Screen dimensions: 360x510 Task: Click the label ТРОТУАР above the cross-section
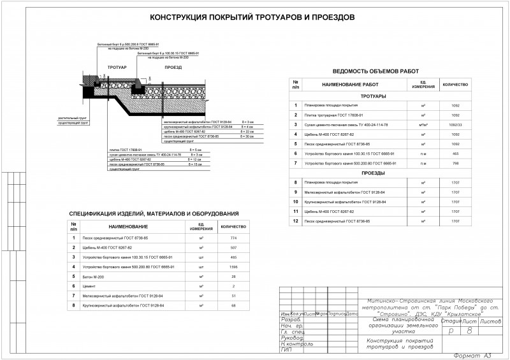tap(117, 66)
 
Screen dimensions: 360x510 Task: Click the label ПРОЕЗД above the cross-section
tap(173, 66)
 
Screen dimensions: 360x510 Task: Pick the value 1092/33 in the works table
tap(455, 124)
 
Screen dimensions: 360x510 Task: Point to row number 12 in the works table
tap(295, 221)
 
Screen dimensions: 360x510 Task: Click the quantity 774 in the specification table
tap(233, 238)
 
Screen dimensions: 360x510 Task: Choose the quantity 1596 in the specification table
tap(233, 267)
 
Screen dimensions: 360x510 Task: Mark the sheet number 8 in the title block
tap(470, 331)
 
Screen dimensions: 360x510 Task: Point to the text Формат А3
tap(471, 355)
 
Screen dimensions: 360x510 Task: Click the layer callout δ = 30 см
tap(247, 136)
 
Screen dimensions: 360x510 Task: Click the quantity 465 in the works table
tap(455, 154)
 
